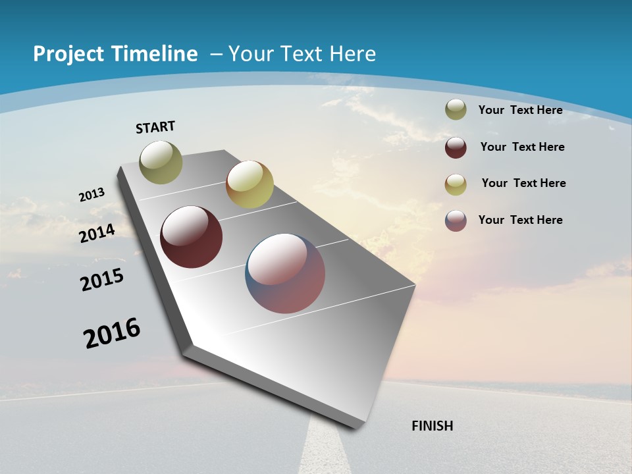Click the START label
[156, 127]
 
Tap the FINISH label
[433, 426]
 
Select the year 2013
[92, 195]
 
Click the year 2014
[97, 233]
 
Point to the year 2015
[102, 280]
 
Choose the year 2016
[112, 333]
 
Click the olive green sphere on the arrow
[161, 162]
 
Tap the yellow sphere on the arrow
[250, 184]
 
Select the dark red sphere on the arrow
[192, 237]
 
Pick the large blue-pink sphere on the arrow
[285, 273]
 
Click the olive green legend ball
[456, 110]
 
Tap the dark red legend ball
[456, 147]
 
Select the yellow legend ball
[456, 184]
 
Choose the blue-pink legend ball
[456, 220]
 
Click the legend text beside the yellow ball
[523, 183]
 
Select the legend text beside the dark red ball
[522, 147]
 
